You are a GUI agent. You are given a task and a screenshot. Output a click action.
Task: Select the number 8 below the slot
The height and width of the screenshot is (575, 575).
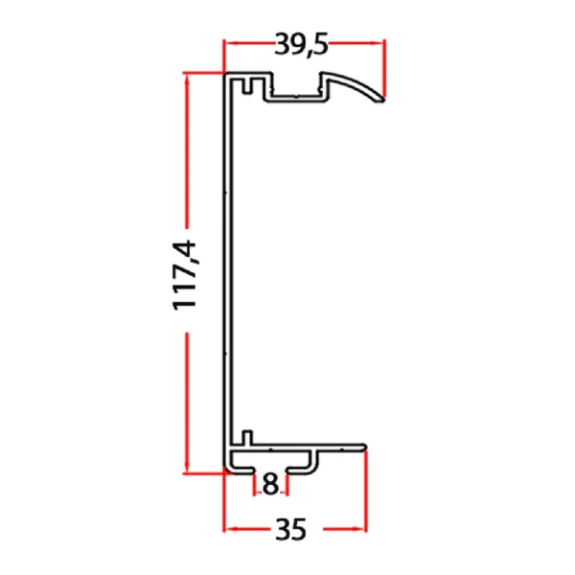point(269,486)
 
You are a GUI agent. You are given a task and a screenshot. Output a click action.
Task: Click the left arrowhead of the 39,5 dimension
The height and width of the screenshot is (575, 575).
point(229,42)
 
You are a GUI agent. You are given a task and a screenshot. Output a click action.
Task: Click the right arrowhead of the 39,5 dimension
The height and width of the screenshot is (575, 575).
point(379,42)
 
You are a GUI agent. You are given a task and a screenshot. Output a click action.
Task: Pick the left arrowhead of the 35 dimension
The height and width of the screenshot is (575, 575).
point(229,528)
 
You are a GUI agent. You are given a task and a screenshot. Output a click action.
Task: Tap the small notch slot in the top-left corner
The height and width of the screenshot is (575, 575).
point(248,88)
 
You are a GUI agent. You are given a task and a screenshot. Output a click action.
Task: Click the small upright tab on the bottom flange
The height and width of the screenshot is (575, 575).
point(246,438)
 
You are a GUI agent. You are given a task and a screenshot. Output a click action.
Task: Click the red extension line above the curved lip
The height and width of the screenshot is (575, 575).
point(384,67)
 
